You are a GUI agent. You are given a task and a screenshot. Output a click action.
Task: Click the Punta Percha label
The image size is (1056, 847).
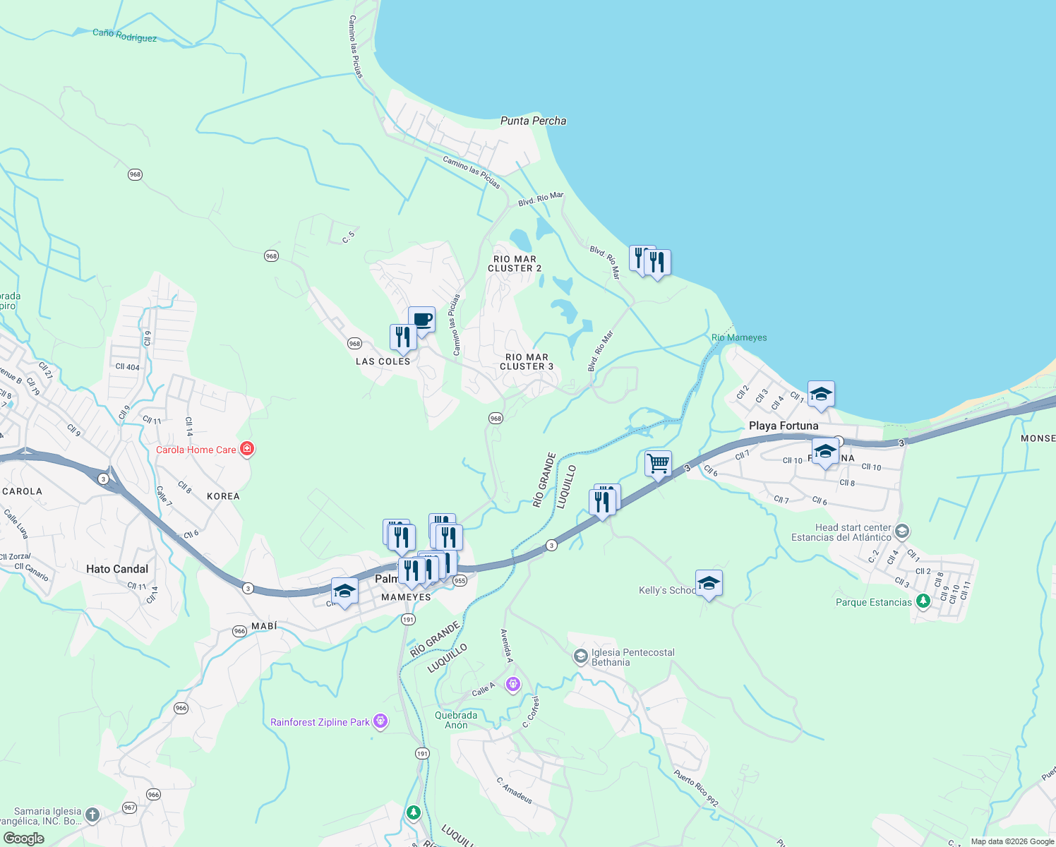533,121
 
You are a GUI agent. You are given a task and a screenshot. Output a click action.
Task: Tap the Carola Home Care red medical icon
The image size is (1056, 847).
246,449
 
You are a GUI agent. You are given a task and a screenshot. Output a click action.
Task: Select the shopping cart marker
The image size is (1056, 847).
658,464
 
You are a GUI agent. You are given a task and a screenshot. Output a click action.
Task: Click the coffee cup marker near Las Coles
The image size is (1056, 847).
422,320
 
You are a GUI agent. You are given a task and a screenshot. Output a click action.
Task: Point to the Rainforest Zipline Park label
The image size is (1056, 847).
320,722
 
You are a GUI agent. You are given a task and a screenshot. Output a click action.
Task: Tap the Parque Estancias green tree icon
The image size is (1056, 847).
923,601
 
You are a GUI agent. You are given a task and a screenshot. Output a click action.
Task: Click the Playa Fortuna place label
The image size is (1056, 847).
784,426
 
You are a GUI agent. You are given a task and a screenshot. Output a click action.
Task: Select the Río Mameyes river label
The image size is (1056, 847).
739,337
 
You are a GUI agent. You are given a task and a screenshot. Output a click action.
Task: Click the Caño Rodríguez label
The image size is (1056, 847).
125,35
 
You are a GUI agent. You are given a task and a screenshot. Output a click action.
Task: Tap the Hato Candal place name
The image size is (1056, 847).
117,569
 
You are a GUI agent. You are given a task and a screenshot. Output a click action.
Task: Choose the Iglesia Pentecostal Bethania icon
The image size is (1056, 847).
580,657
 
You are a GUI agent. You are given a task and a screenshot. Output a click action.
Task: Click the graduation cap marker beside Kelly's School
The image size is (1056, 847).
709,584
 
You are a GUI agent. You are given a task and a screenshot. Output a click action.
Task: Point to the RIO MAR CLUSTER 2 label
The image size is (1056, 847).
515,264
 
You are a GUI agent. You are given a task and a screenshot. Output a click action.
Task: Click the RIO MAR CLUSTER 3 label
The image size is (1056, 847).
527,362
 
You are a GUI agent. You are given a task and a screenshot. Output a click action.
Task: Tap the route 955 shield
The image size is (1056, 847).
460,581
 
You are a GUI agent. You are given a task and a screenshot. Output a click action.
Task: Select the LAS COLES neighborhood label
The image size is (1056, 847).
383,361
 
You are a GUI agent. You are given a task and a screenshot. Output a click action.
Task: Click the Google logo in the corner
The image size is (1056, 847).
23,839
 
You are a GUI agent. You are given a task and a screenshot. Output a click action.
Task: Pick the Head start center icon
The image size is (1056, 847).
901,531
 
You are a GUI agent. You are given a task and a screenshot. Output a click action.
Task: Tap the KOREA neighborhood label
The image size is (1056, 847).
223,496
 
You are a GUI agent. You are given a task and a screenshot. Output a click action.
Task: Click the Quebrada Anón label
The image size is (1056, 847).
456,720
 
